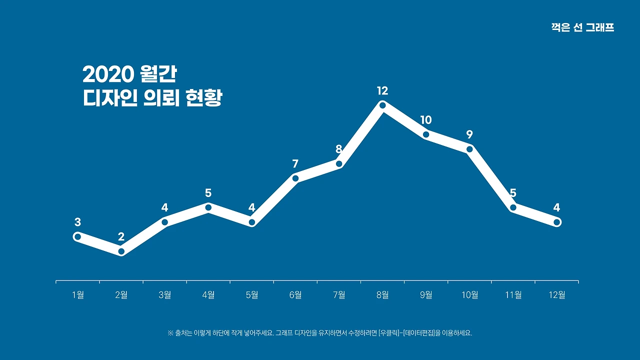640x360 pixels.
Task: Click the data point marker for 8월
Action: coord(382,105)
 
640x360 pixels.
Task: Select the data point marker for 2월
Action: coord(121,251)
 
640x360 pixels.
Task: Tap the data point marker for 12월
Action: coord(557,222)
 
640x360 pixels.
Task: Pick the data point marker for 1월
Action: coord(77,236)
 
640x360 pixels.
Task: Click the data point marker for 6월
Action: coord(295,178)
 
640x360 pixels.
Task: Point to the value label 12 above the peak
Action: coord(382,91)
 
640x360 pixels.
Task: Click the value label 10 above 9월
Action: coord(426,120)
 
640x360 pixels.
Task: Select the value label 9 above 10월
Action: coord(469,134)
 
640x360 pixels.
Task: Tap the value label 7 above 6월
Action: coord(295,164)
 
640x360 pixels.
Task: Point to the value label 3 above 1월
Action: coord(77,222)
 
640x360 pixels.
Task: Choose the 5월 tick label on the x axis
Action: coord(252,295)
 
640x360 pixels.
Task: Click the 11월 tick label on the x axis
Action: coord(513,295)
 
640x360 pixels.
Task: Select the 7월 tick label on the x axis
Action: coord(339,295)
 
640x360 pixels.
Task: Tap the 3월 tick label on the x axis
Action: coord(165,295)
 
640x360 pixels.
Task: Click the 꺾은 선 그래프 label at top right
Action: coord(582,28)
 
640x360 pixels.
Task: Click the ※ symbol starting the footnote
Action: coord(170,333)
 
